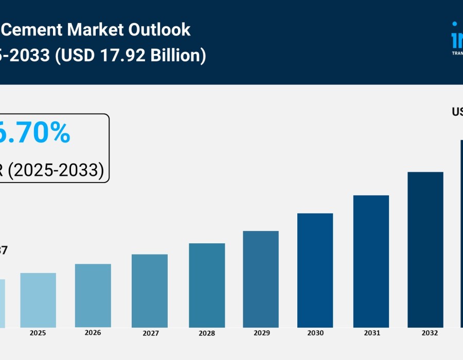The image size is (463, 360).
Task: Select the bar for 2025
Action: (x=38, y=300)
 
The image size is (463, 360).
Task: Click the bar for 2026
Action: (x=93, y=296)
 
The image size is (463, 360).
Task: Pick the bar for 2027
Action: (x=150, y=291)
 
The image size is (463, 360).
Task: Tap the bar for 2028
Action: (x=207, y=285)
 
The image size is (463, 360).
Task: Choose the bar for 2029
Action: (x=261, y=279)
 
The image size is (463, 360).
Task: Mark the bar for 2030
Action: (x=315, y=271)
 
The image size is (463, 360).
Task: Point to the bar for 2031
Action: (x=371, y=261)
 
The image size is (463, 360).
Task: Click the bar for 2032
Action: (x=425, y=250)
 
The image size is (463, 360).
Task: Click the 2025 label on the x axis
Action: (x=38, y=333)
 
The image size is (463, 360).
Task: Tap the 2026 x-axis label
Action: (x=93, y=333)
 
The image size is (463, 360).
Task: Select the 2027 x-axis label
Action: (x=151, y=333)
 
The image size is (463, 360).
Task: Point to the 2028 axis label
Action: (x=207, y=333)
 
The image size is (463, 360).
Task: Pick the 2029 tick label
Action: (x=262, y=333)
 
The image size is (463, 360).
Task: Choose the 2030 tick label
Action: (x=315, y=333)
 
